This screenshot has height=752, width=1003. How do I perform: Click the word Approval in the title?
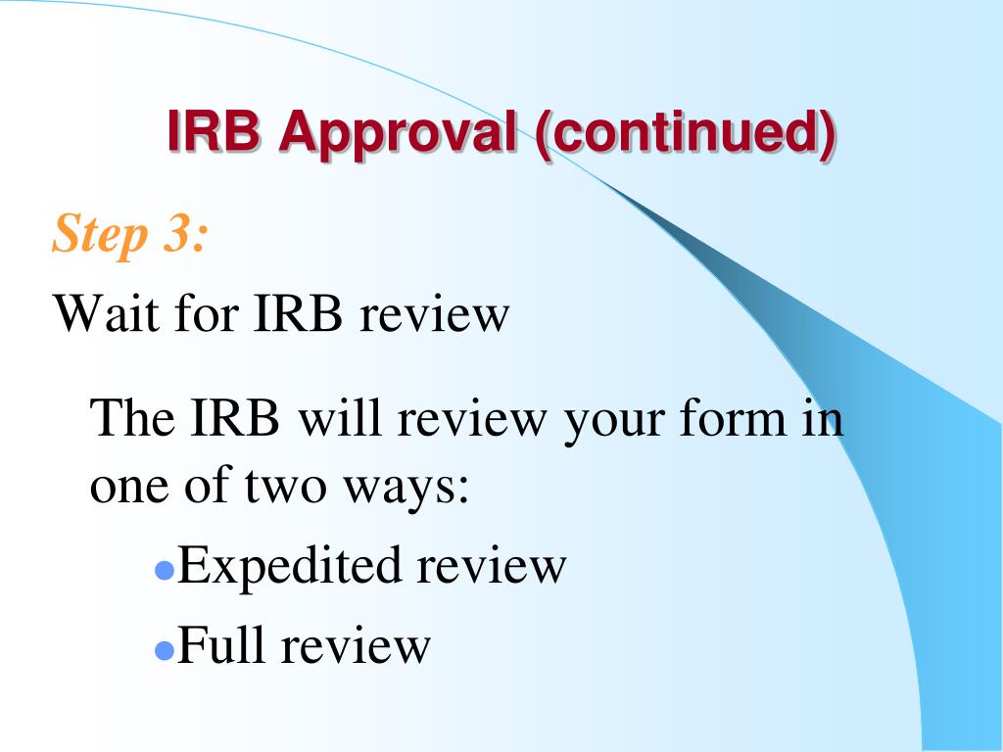click(x=398, y=133)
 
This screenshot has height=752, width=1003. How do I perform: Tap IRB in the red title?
click(x=214, y=131)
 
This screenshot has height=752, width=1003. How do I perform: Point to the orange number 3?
click(x=183, y=235)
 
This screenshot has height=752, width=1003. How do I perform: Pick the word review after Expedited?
click(x=491, y=566)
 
